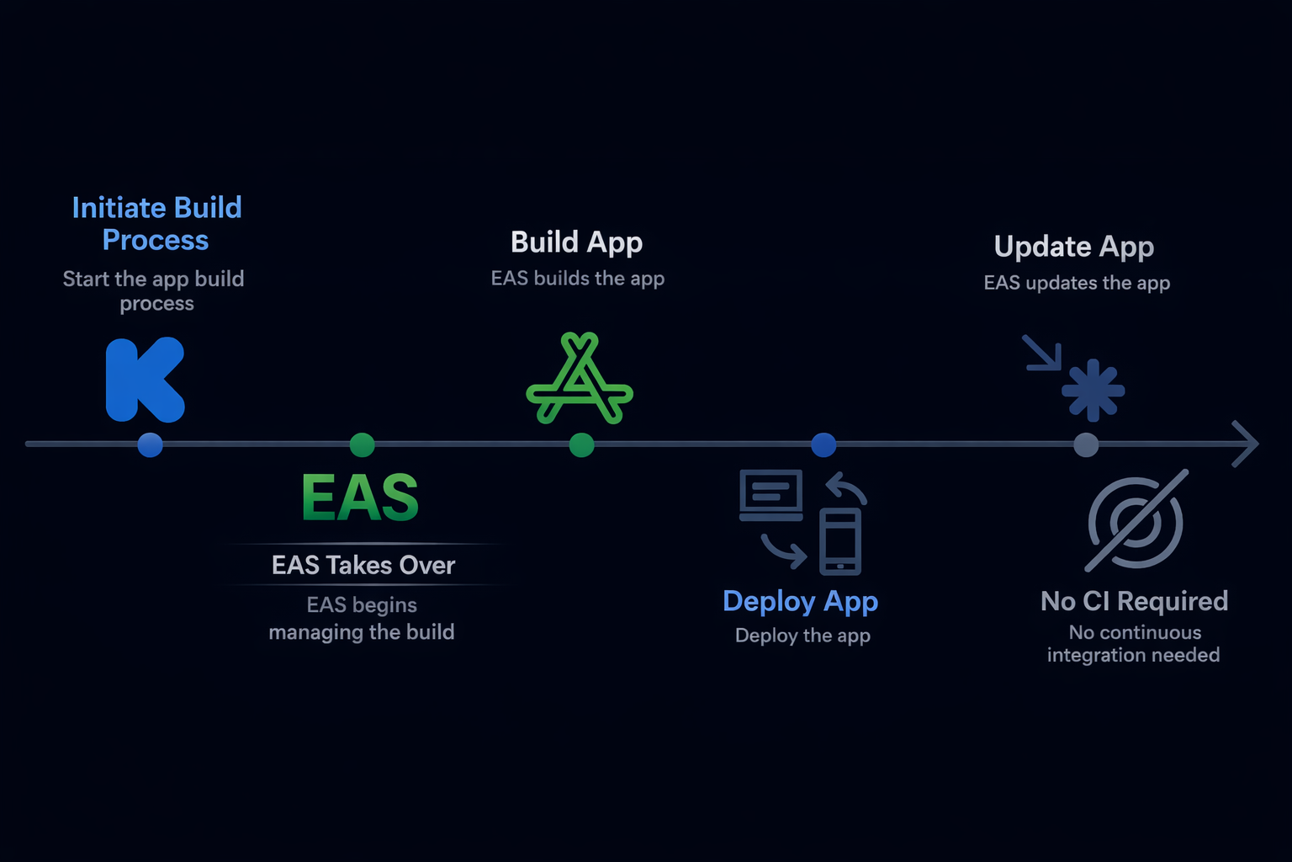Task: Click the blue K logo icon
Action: coord(144,380)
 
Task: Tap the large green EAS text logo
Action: coord(360,498)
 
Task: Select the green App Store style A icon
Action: coord(580,380)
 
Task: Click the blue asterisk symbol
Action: coord(1093,390)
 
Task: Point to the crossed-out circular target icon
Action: coord(1136,521)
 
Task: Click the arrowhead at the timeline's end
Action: coord(1247,444)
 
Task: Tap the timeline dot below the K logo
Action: coord(151,444)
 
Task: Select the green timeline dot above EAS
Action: coord(362,444)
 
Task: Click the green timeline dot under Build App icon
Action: coord(581,444)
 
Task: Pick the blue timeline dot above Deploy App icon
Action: coord(823,444)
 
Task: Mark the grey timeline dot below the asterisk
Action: coord(1086,444)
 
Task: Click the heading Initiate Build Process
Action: coord(156,224)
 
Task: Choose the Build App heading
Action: coord(576,242)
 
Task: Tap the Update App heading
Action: coord(1073,247)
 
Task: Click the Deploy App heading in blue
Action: coord(800,601)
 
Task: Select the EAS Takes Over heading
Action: coord(363,565)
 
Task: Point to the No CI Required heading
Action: coord(1134,601)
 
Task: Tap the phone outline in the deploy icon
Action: coord(839,541)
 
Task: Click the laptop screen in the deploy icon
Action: coord(770,492)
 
